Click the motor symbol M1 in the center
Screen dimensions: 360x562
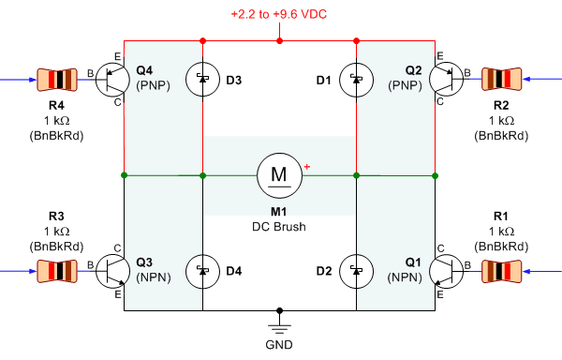tap(279, 174)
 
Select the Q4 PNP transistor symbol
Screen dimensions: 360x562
tap(113, 80)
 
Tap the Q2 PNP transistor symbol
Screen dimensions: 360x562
tap(447, 80)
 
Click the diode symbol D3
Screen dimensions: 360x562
tap(203, 80)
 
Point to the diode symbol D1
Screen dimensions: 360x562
tap(356, 80)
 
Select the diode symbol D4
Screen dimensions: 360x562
tap(203, 272)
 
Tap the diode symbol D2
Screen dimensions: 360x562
tap(356, 272)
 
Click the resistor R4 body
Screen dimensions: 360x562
tap(55, 80)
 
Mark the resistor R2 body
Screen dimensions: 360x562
tap(505, 80)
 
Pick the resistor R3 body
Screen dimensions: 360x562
tap(55, 272)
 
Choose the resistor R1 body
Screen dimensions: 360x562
tap(505, 272)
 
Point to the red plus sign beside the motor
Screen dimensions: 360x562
tap(306, 167)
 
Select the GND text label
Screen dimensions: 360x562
tap(279, 345)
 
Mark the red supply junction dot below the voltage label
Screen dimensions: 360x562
tap(279, 41)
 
